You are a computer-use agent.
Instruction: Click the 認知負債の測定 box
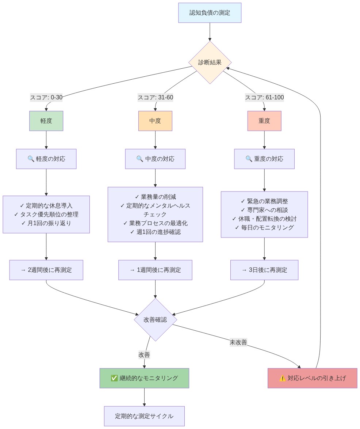210,13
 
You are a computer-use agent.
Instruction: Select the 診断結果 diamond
210,62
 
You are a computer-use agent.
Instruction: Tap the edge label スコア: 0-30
46,98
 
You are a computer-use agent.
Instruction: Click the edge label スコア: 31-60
155,98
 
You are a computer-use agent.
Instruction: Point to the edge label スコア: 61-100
264,98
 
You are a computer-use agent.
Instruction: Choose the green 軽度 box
46,121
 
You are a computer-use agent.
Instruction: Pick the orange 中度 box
155,121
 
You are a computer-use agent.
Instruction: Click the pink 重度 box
264,121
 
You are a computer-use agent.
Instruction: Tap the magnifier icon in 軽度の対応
31,159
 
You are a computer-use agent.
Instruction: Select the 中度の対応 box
155,159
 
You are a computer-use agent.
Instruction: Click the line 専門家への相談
264,210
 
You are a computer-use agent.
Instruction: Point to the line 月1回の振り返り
46,223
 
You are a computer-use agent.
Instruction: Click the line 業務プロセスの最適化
155,223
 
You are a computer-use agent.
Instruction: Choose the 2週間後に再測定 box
46,270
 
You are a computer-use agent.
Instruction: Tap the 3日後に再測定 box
264,270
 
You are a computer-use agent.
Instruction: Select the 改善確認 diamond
155,320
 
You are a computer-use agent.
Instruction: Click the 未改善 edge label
238,342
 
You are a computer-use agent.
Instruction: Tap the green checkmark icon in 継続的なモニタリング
114,378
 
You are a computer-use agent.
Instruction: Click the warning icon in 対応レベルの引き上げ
282,378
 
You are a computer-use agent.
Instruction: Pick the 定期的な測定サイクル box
144,416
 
